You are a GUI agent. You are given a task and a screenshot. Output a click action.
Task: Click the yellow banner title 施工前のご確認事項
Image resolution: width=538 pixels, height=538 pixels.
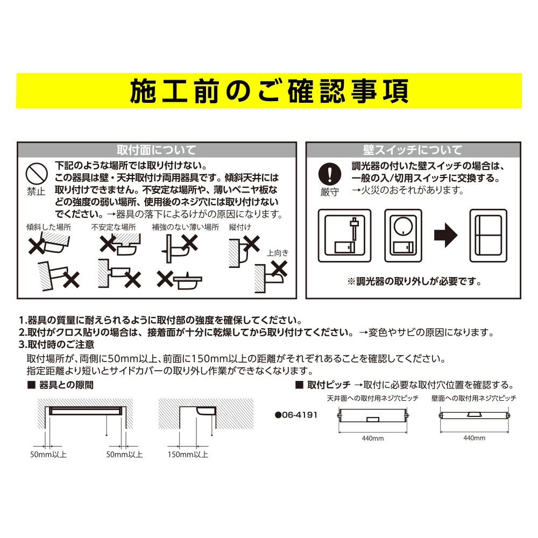coord(269,91)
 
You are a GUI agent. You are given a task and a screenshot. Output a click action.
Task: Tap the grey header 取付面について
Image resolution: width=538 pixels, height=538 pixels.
coord(157,150)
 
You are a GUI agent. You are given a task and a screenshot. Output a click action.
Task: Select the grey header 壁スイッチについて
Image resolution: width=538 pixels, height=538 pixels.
coord(413,150)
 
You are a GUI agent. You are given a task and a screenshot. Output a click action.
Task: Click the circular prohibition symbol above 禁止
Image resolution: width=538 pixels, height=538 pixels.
coord(37,173)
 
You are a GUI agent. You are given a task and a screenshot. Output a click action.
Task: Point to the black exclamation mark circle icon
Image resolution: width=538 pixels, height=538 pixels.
coord(330,174)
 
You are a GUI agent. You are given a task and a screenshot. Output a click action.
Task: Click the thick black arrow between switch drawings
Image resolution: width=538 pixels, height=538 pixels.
coord(445,236)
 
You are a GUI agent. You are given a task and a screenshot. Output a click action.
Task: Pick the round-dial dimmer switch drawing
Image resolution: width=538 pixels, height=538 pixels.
coord(403,236)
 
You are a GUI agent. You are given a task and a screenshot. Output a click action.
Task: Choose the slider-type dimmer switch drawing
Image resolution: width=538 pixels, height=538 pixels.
coord(344,236)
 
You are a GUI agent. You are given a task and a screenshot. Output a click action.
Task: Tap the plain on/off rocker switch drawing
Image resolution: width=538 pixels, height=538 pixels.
coord(489,236)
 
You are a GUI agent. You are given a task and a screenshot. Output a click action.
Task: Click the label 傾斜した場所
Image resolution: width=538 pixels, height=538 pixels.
coord(49,227)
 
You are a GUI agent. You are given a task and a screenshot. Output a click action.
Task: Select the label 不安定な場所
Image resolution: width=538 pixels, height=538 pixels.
coord(114,227)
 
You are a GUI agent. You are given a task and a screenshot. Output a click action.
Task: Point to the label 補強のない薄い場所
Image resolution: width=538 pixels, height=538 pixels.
coord(185,227)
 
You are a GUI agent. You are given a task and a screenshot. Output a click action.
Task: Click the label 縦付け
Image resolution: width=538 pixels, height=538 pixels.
coord(240,227)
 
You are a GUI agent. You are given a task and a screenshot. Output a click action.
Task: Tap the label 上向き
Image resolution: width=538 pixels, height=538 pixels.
coord(278,253)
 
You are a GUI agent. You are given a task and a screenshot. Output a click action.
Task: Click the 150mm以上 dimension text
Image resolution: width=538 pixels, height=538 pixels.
coord(188,455)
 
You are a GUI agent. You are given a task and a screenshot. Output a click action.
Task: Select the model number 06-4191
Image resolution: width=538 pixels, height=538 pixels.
coord(296,415)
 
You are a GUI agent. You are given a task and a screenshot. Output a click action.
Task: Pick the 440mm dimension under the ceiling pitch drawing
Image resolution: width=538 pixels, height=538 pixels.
coord(373,438)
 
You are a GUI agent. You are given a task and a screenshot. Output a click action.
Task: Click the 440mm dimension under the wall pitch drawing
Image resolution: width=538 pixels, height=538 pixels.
coord(474,438)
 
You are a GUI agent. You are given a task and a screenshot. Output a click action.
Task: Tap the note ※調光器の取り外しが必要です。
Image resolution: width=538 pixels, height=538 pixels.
coord(414,282)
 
